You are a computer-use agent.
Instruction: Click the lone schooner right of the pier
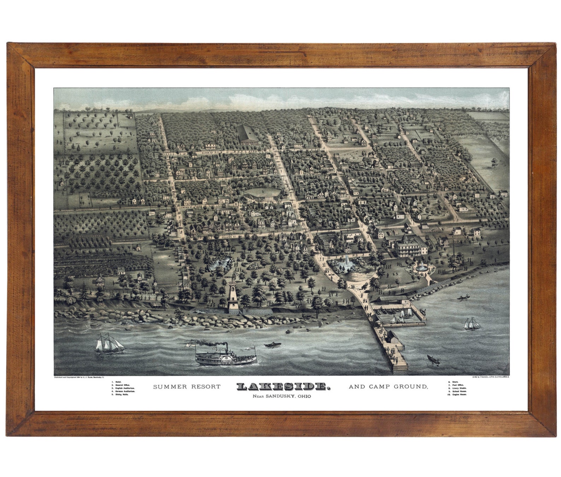point(471,324)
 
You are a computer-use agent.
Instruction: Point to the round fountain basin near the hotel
point(421,269)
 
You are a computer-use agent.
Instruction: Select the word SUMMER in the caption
point(168,387)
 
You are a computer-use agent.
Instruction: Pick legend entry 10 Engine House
point(457,394)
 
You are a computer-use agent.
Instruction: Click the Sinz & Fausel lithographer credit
point(490,378)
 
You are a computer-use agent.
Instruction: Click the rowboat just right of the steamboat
point(271,345)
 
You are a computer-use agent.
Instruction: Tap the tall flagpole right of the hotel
point(453,244)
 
